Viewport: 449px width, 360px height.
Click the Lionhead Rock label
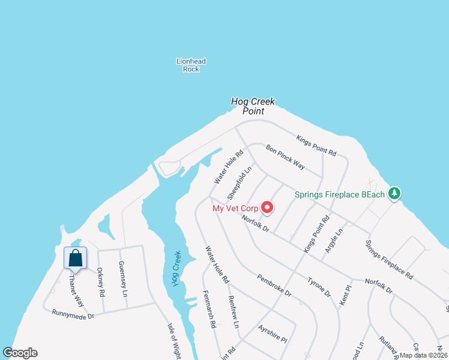point(191,65)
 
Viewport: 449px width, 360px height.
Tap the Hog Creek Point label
point(253,106)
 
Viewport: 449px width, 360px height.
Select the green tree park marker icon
point(394,193)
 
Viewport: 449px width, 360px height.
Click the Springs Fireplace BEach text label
point(340,194)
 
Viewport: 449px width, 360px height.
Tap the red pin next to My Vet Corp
point(267,208)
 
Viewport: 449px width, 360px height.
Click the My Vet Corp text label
point(235,209)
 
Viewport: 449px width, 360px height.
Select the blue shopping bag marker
point(76,259)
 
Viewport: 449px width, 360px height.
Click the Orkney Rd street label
point(100,282)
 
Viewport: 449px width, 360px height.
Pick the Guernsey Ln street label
point(122,279)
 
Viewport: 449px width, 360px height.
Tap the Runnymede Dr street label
point(73,314)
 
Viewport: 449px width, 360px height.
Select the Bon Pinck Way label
point(286,157)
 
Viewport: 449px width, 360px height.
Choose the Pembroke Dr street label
point(274,286)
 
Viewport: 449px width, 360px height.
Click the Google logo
point(20,353)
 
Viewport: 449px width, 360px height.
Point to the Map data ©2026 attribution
point(424,355)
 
